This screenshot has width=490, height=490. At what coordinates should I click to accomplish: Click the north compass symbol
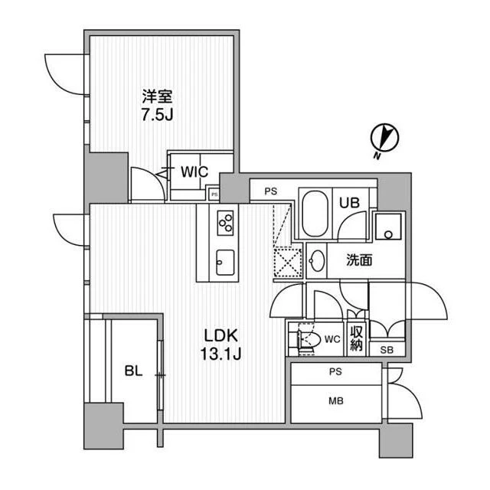[384, 139]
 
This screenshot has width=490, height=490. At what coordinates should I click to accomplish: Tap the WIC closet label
[194, 171]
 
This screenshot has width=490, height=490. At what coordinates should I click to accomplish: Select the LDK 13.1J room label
[220, 345]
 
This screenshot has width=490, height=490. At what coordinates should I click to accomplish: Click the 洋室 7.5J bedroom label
[158, 106]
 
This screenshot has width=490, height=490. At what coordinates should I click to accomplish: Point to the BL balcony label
[133, 371]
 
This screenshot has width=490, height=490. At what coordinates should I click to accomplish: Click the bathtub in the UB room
[315, 214]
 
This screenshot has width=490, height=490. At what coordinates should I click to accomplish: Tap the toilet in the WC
[309, 339]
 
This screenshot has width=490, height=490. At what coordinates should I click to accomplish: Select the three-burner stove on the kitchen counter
[226, 223]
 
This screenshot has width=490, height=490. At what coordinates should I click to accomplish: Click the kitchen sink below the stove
[225, 263]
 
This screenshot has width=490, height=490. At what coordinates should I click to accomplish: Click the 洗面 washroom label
[359, 260]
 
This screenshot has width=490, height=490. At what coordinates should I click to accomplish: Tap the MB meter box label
[336, 400]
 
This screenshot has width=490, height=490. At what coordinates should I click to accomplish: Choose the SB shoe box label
[387, 350]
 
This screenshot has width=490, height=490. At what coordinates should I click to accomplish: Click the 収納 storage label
[356, 338]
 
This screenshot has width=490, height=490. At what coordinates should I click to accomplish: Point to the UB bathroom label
[349, 203]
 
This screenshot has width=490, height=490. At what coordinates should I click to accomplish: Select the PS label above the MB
[335, 371]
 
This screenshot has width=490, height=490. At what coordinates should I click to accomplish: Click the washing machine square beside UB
[388, 227]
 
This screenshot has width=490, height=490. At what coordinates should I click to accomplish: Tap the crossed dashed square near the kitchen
[288, 263]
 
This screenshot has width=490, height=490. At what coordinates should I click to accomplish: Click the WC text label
[332, 339]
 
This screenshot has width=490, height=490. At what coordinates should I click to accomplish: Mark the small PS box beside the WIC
[214, 194]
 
